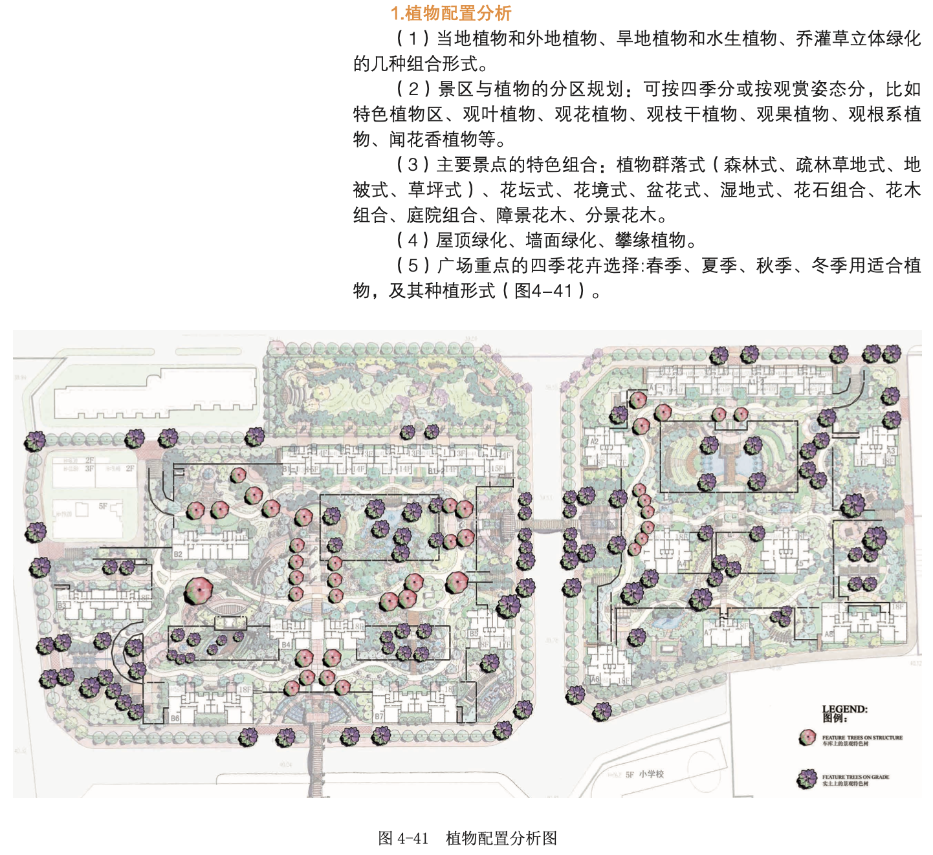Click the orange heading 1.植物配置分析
tap(450, 13)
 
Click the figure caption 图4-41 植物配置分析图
tap(467, 838)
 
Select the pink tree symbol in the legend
tap(807, 737)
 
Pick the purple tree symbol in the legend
tap(807, 779)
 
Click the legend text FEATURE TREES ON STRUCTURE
tap(862, 737)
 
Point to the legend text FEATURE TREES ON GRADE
tap(855, 777)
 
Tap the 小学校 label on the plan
tap(652, 774)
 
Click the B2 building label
tap(178, 554)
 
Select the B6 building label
tap(175, 718)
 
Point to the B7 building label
tap(379, 716)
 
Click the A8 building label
tap(829, 634)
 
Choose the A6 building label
tap(595, 679)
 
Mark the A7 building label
tap(707, 632)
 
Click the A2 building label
tap(594, 442)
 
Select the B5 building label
tap(474, 634)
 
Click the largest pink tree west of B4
tap(199, 590)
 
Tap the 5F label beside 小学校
tap(630, 774)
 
